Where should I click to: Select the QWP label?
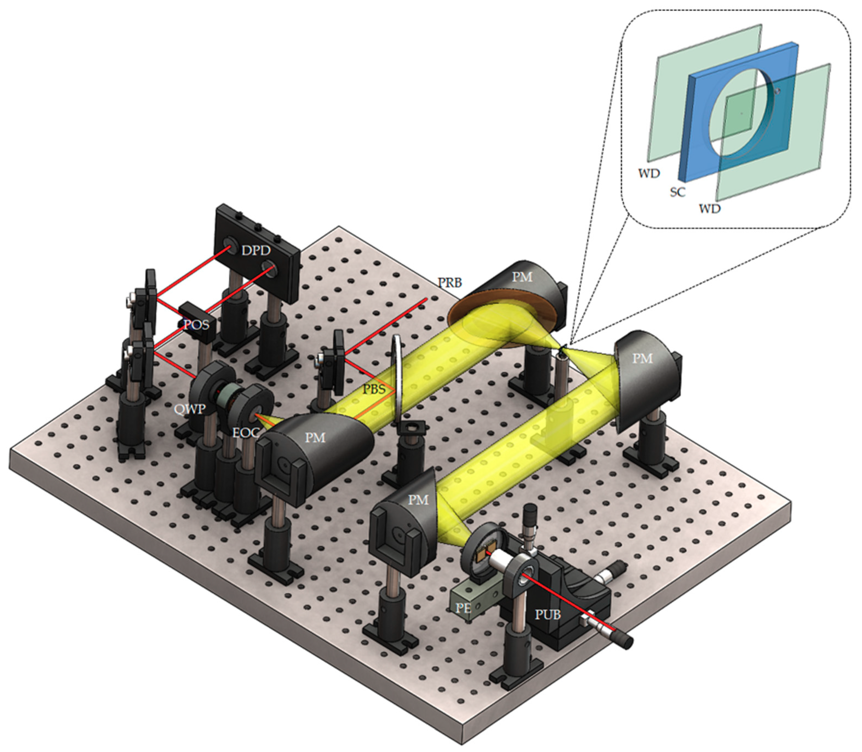191,408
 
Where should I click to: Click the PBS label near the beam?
374,389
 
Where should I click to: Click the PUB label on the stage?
548,615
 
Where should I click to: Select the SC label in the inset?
677,192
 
